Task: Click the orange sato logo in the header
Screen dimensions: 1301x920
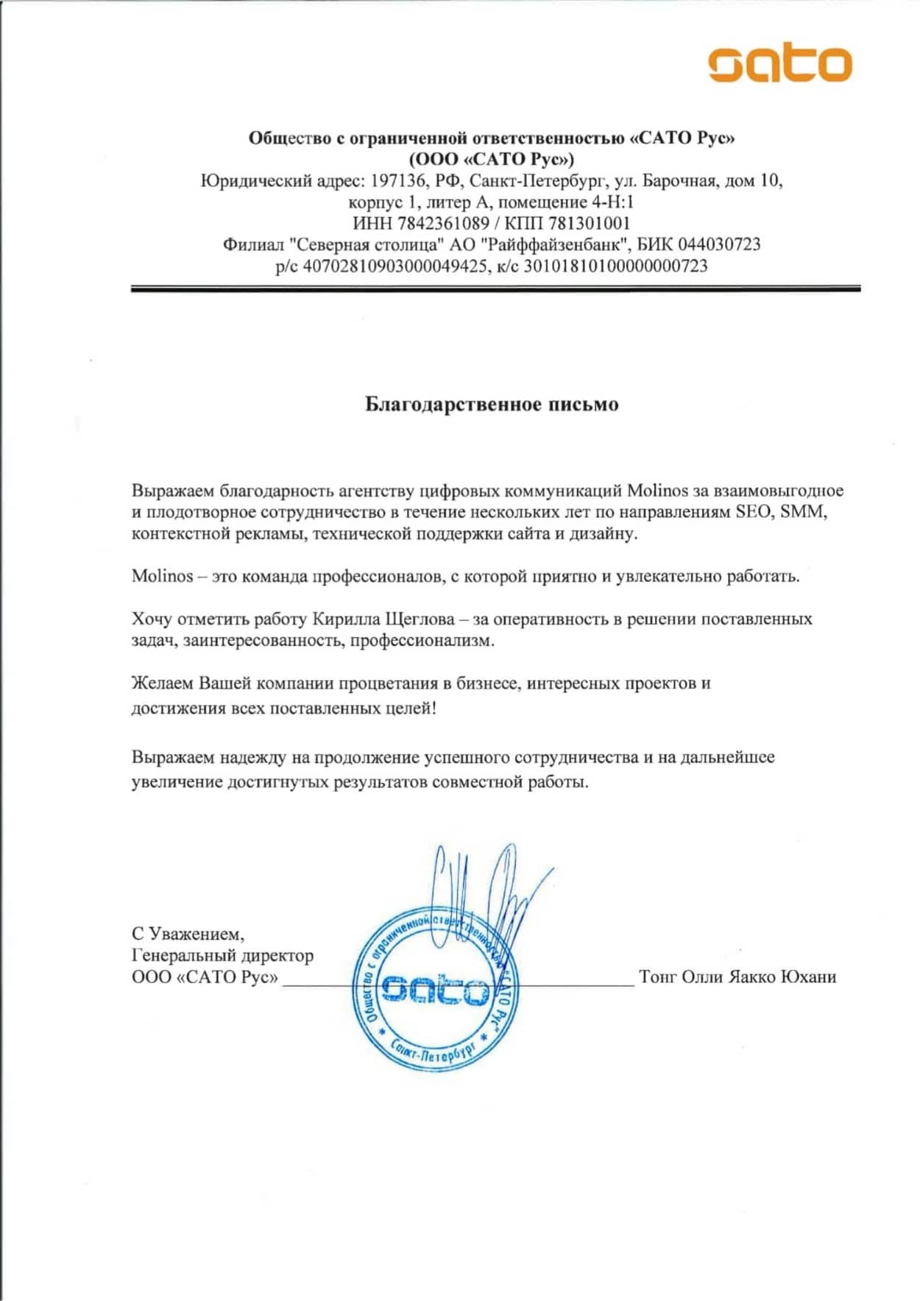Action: click(780, 64)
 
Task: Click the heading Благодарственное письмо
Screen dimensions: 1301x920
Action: click(492, 404)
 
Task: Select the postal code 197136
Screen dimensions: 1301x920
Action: click(399, 180)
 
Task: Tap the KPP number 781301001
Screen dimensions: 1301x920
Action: click(590, 223)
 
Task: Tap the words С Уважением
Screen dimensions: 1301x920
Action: click(188, 934)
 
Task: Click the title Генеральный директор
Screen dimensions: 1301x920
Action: click(222, 955)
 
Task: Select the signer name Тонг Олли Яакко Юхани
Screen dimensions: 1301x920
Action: click(737, 976)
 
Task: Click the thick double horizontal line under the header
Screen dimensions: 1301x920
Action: click(495, 289)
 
